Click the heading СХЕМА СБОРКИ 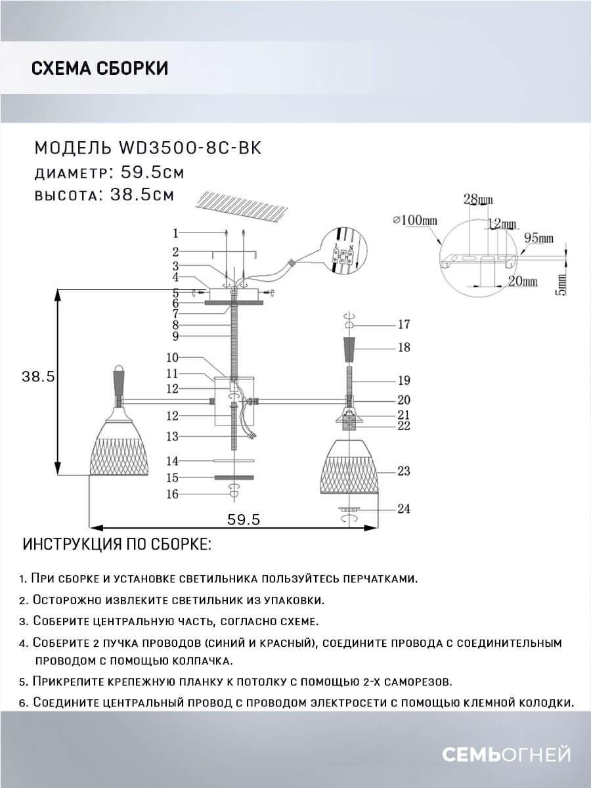[x=99, y=68]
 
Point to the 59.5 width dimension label [x=244, y=519]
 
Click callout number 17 [x=404, y=324]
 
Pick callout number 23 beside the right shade [x=404, y=471]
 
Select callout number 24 [x=404, y=509]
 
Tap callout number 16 [x=172, y=494]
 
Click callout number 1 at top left [x=175, y=232]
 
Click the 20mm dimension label [x=523, y=281]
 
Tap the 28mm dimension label [x=478, y=200]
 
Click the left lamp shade [x=120, y=447]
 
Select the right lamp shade [x=349, y=466]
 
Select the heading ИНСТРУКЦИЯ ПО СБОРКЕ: [x=117, y=545]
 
